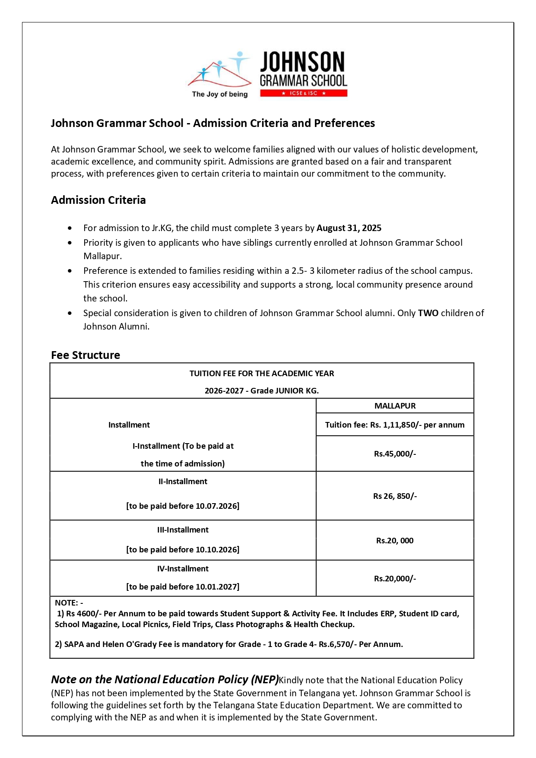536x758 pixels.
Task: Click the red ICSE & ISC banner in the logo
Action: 303,93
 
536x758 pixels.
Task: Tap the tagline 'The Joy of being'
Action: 219,94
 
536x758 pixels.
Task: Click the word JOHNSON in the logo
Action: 302,62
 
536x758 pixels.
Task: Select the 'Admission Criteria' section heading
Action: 98,200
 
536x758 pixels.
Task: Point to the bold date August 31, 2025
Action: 349,228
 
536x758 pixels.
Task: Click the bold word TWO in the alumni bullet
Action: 428,313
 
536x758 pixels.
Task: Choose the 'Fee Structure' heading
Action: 86,355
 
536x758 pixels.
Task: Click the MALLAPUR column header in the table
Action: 395,406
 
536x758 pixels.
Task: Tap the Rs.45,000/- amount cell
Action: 395,454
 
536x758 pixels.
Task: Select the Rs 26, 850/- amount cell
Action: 395,496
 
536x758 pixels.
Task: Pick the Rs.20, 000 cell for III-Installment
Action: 395,540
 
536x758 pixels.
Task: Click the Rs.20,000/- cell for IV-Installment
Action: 395,578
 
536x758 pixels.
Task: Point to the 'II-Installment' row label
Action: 183,482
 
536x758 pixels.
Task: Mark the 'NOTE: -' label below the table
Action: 69,603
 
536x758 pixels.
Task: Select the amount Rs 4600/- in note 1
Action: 83,614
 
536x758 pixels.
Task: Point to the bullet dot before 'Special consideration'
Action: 70,313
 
